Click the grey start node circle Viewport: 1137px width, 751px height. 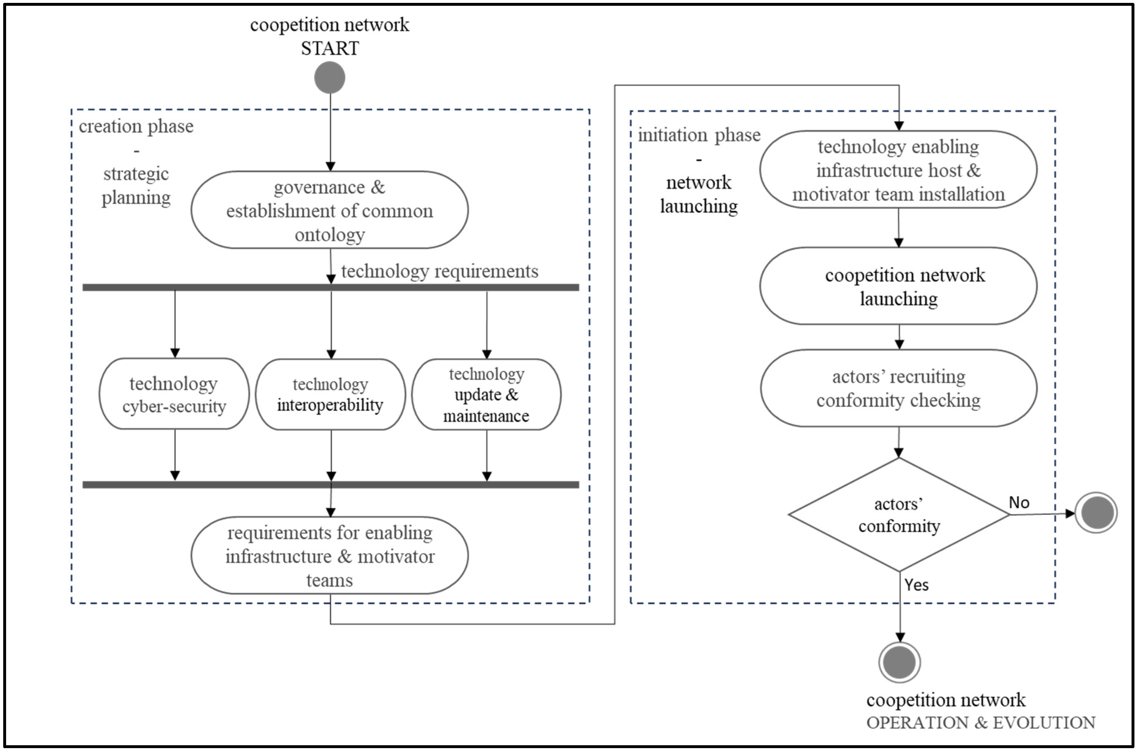point(330,78)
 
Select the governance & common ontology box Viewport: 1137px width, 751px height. point(330,210)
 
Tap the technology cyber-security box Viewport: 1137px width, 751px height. point(174,394)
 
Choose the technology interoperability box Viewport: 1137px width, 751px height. point(330,394)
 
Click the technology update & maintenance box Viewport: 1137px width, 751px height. point(486,394)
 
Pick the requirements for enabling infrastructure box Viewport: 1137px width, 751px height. point(330,556)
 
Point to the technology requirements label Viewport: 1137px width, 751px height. point(440,271)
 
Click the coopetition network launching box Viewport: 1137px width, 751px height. point(899,286)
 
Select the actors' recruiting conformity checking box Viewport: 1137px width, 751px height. point(899,388)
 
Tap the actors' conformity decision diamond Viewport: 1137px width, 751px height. point(899,515)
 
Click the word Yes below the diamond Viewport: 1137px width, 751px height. point(916,585)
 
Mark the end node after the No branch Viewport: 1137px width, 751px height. point(1096,513)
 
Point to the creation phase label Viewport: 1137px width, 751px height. point(136,126)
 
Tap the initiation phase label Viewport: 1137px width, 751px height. point(699,135)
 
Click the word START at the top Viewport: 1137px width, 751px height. point(330,48)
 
